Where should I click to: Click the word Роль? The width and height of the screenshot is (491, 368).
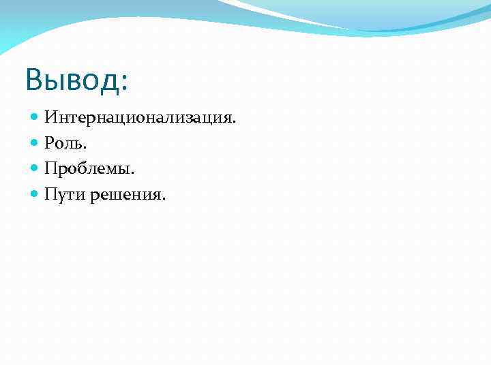tap(63, 143)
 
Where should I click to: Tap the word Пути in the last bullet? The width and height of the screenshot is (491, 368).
tap(63, 195)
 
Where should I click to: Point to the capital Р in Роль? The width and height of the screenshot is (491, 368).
tap(50, 143)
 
